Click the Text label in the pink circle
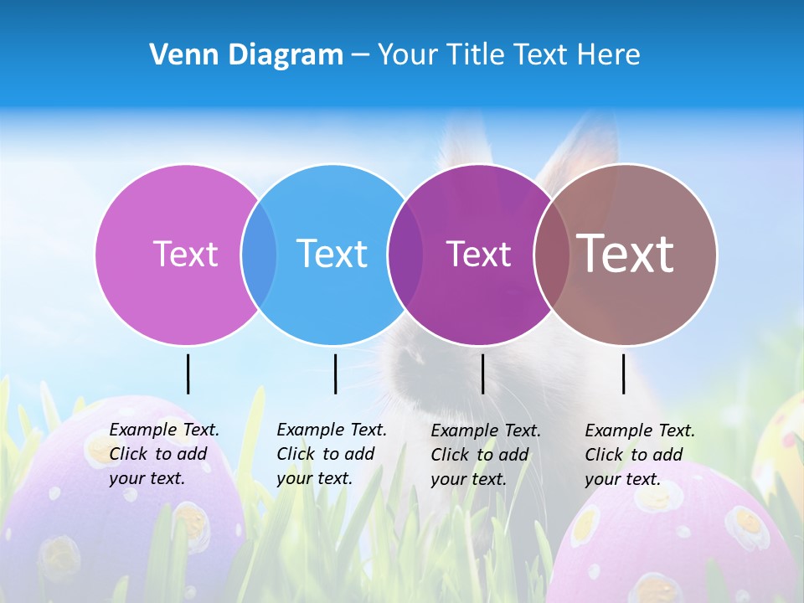click(185, 254)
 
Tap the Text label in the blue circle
click(332, 254)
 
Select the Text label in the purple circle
click(478, 255)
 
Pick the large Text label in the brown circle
click(625, 254)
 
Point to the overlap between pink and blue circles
click(259, 255)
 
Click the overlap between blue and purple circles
click(406, 255)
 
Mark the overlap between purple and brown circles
click(552, 255)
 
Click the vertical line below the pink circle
click(188, 374)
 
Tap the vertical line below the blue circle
click(335, 374)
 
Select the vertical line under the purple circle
click(482, 374)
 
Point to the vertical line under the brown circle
click(624, 374)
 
